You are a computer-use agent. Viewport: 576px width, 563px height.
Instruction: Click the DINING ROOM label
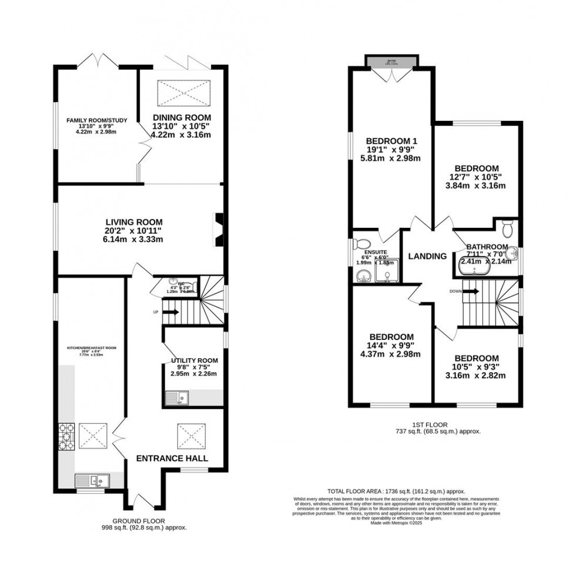(x=182, y=117)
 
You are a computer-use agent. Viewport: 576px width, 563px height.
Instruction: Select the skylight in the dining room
(x=182, y=91)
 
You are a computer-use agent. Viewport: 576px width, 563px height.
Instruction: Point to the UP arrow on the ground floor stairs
(x=170, y=312)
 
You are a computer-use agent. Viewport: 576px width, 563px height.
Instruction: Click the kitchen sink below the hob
(x=93, y=481)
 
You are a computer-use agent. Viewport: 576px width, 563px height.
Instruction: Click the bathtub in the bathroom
(x=481, y=269)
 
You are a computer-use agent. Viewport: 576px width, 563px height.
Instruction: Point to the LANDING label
(x=427, y=256)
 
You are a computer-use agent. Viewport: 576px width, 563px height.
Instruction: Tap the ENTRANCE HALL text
(x=172, y=458)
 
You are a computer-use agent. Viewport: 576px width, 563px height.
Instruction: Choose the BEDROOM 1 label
(x=391, y=141)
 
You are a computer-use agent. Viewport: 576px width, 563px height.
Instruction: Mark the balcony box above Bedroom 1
(x=392, y=61)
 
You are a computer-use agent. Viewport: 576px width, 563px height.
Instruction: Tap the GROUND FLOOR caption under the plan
(x=140, y=520)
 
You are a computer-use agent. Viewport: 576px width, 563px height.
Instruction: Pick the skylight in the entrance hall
(x=189, y=436)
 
